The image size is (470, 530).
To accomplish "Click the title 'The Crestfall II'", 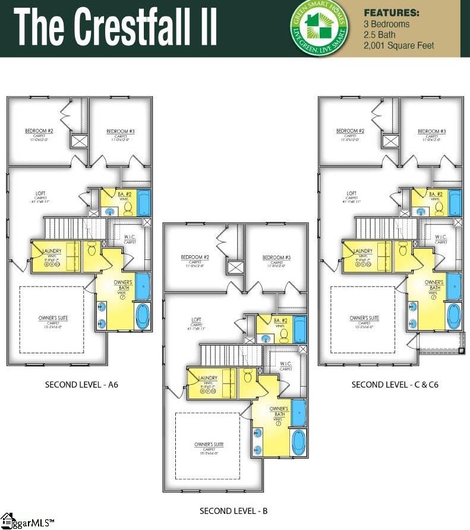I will [x=115, y=28].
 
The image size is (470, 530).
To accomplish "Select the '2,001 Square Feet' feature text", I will [x=399, y=46].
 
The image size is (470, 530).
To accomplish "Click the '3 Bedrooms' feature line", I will [x=386, y=24].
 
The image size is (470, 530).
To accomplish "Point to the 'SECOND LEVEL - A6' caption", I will [x=81, y=385].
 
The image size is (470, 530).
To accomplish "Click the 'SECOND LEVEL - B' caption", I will [x=234, y=511].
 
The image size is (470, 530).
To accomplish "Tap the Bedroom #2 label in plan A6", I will [x=39, y=131].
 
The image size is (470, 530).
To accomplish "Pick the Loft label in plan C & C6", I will [x=352, y=194].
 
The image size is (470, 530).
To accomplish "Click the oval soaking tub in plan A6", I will [x=143, y=316].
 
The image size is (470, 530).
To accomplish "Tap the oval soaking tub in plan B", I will [x=298, y=442].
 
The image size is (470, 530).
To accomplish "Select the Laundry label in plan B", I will [x=207, y=378].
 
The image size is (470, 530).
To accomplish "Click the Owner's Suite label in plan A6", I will [x=53, y=319].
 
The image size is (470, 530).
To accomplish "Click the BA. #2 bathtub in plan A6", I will [x=144, y=203].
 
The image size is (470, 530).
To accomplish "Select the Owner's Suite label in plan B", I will [x=209, y=445].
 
